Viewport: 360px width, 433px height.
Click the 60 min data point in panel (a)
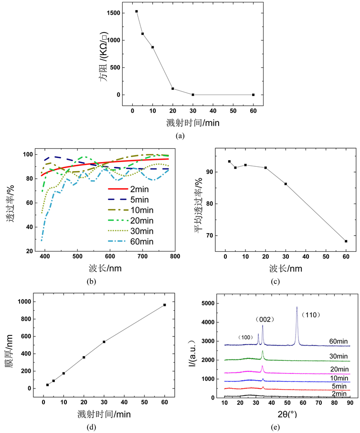click(253, 95)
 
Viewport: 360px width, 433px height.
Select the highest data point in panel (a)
click(137, 11)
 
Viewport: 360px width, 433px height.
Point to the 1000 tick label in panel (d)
click(25, 302)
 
